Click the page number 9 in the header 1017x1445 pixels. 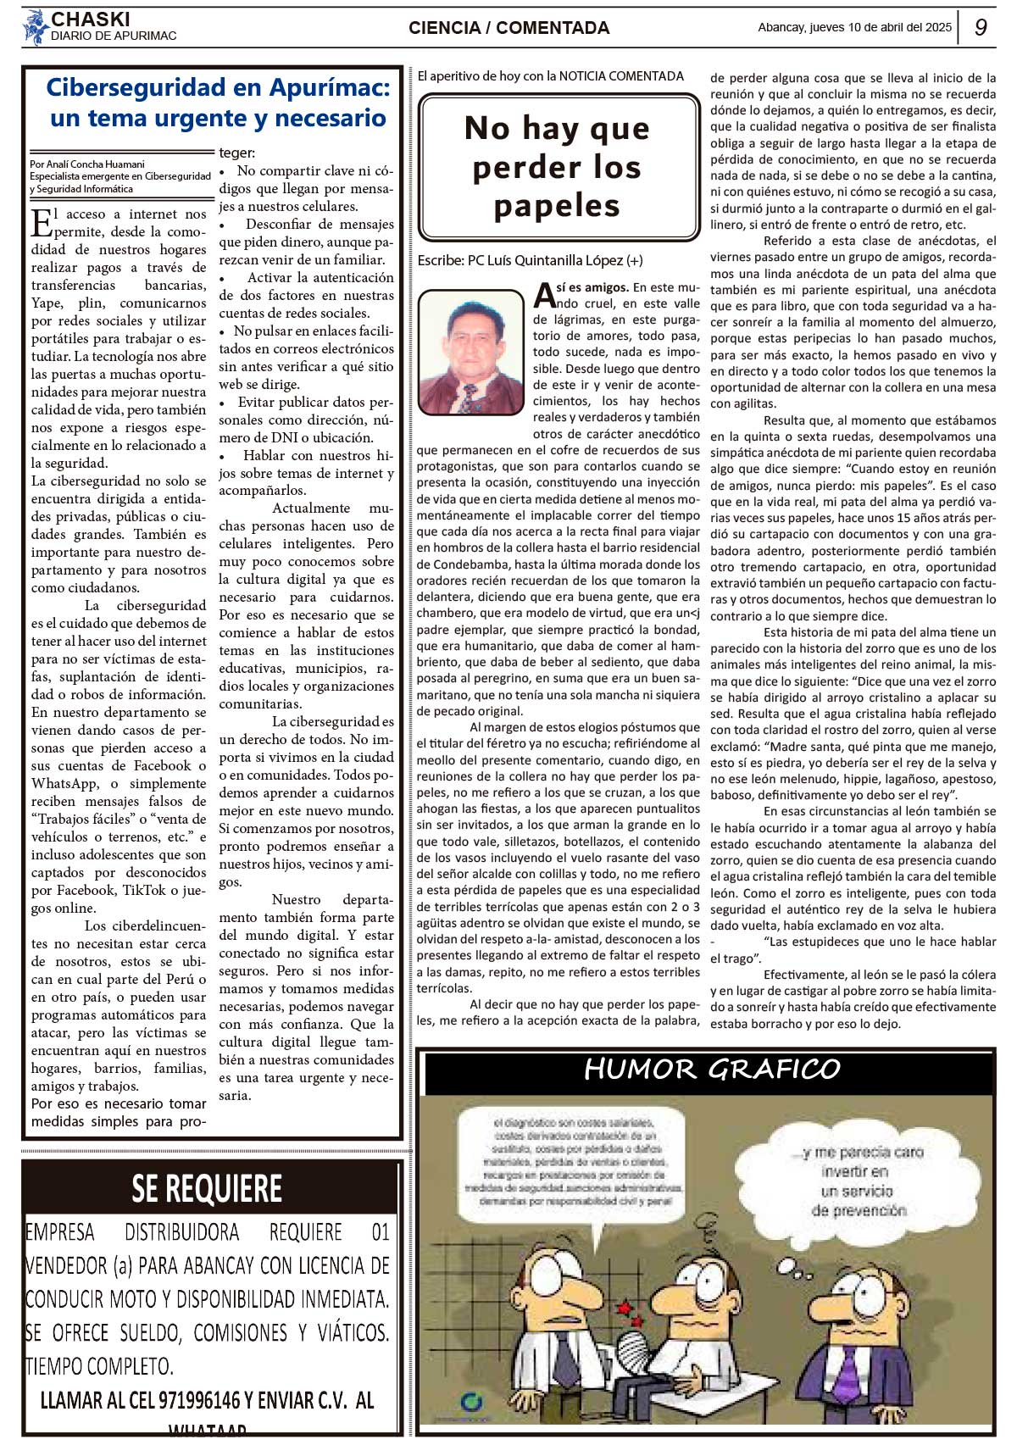981,27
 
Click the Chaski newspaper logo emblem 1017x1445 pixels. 35,26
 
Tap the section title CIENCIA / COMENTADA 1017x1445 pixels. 508,28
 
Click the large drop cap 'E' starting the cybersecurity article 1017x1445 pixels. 41,222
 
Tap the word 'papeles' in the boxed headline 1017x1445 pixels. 557,206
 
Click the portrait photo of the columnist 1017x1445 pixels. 471,352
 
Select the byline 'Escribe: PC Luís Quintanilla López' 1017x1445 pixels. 530,260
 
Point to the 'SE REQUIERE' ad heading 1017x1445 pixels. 207,1188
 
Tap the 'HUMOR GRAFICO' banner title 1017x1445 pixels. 712,1070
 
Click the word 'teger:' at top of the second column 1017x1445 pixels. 237,153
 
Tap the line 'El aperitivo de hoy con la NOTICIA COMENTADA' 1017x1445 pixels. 551,76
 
